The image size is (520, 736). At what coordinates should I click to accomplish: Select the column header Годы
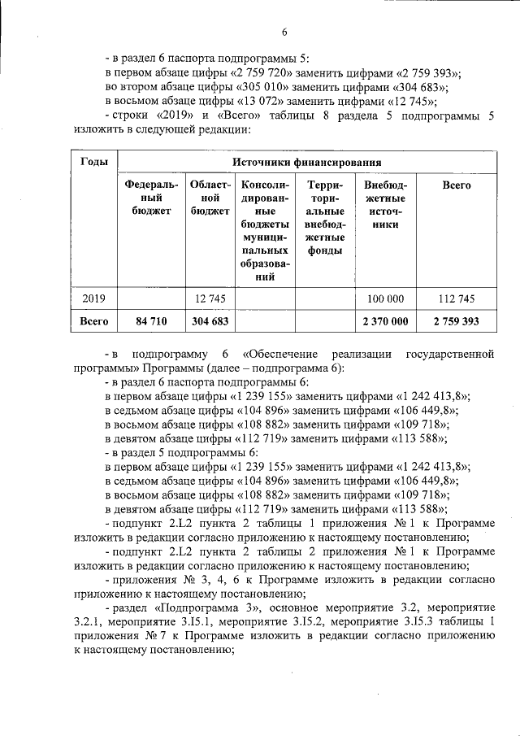point(95,162)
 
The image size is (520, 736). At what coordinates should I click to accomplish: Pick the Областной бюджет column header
point(210,198)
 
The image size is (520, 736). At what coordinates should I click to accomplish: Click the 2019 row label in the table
point(95,298)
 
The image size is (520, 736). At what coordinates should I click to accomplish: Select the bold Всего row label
point(95,322)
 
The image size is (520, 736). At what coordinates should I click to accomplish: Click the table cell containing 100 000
point(386,298)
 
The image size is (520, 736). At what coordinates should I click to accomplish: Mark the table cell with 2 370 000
point(386,322)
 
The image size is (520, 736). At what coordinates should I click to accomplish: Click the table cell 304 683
point(210,322)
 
